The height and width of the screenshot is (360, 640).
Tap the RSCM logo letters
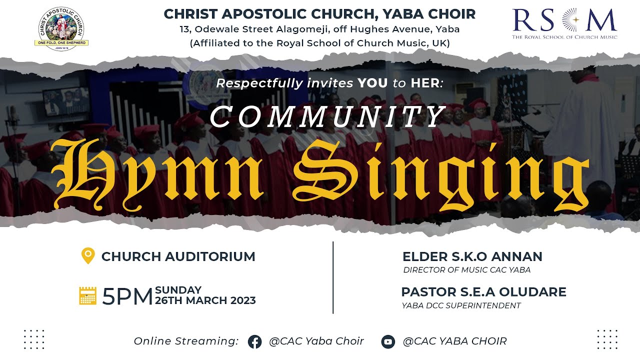pos(564,20)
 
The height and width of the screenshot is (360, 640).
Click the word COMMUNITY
pos(327,117)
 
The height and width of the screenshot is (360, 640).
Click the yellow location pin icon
pos(88,256)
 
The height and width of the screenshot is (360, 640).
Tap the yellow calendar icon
pos(88,295)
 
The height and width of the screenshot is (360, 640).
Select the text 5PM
pos(127,297)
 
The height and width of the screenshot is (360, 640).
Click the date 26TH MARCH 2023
pos(205,300)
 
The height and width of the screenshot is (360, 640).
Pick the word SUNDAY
pos(178,290)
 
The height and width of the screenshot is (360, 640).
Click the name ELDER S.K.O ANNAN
pos(472,257)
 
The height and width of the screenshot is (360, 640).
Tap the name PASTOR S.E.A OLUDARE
pos(483,292)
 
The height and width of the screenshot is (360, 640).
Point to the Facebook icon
pos(255,342)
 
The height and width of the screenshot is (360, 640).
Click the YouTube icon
pos(388,342)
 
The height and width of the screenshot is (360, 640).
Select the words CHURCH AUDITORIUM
pos(178,256)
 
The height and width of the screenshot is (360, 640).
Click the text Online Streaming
pos(186,341)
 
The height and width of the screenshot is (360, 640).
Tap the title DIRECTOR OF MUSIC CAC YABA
pos(466,270)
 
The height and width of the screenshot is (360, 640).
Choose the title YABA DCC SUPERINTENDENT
pos(461,305)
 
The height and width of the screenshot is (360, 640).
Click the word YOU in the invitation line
pos(372,83)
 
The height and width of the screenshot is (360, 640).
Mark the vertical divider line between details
pos(333,277)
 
